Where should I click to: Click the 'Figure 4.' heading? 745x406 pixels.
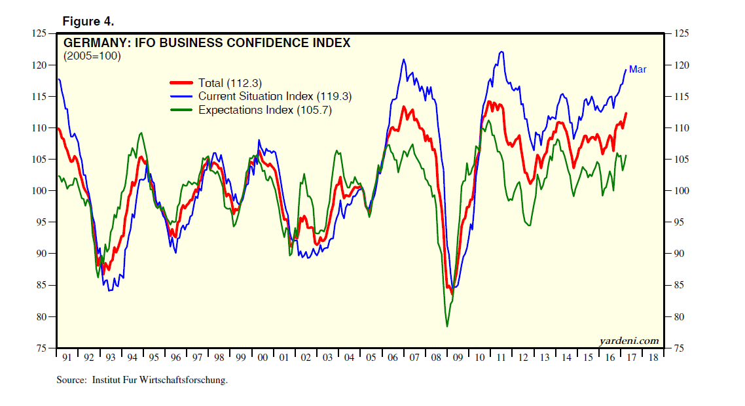88,22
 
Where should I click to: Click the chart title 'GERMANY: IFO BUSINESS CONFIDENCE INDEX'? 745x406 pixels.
206,43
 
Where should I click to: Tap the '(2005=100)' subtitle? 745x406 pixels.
92,56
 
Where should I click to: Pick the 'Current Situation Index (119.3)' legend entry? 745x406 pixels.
275,96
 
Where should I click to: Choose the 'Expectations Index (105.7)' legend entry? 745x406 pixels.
265,110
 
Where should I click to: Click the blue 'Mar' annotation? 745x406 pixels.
638,69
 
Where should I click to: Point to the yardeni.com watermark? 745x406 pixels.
628,340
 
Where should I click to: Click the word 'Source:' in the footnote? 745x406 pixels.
71,380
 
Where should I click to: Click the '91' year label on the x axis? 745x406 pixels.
67,358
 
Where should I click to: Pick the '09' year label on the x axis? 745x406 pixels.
457,358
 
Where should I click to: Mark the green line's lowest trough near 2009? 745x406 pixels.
447,326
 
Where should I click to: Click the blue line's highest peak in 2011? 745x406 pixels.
501,52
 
